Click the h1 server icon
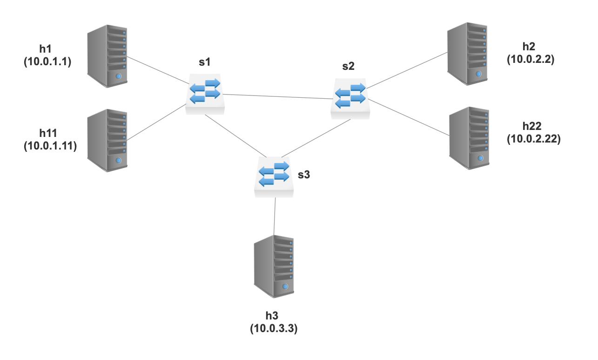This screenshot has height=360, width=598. [x=108, y=55]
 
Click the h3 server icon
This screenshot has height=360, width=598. [x=274, y=266]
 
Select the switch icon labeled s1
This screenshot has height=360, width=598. [x=205, y=95]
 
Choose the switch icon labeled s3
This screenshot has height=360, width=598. [x=274, y=177]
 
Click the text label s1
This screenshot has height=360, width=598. [x=204, y=62]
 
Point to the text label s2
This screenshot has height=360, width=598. [x=348, y=66]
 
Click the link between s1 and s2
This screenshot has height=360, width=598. [x=279, y=96]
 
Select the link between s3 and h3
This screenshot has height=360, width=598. [x=275, y=216]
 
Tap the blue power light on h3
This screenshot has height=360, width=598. [x=285, y=287]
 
